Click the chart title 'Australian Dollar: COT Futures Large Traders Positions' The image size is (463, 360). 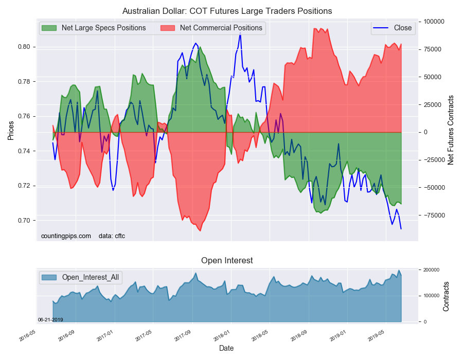tap(227, 11)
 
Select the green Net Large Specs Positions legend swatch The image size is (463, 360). tap(49, 28)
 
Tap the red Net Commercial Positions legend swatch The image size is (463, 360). tap(168, 28)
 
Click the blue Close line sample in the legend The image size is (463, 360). tap(381, 28)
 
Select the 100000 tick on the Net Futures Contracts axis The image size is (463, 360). tap(434, 22)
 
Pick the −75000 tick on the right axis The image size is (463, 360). tap(433, 215)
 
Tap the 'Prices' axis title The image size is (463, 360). tap(11, 131)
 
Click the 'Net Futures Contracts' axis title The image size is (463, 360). tap(451, 130)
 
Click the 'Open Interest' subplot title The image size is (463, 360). tap(227, 261)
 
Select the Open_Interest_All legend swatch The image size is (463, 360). tap(49, 277)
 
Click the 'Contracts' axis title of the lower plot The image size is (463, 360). tap(446, 296)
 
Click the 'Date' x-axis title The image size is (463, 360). tap(226, 348)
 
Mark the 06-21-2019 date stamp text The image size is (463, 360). tap(50, 320)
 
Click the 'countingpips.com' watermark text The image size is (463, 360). tap(66, 236)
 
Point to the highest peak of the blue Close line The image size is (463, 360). tap(240, 32)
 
